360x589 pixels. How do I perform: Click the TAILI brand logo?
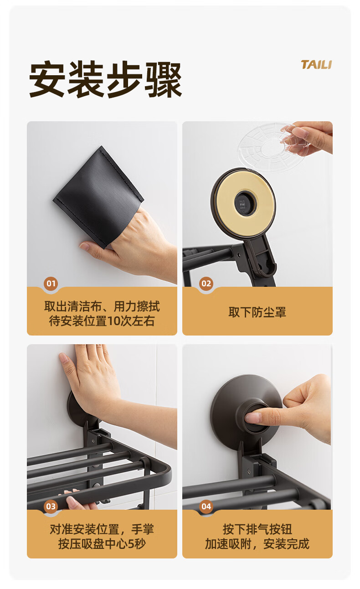click(316, 65)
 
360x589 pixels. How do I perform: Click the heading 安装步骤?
click(105, 79)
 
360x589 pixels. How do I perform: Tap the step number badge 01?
click(51, 284)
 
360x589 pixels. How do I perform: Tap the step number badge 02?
click(206, 284)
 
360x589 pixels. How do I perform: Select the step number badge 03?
click(51, 506)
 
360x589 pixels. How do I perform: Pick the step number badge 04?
click(206, 506)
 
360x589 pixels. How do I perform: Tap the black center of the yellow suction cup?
click(244, 202)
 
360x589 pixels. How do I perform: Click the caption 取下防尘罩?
click(257, 312)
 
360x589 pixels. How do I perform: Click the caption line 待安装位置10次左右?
click(102, 321)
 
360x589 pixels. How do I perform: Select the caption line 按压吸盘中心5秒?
click(102, 543)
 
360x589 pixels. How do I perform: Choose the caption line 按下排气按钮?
click(257, 529)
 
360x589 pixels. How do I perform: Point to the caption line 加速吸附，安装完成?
click(257, 543)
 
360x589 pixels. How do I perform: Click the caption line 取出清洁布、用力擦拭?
click(102, 306)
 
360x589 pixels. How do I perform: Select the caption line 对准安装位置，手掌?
click(102, 529)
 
